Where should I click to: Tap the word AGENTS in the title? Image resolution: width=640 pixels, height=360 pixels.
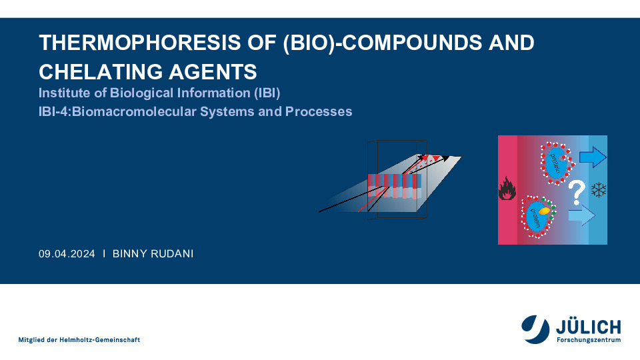[213, 72]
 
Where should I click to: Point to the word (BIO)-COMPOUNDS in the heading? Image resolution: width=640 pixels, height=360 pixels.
[383, 43]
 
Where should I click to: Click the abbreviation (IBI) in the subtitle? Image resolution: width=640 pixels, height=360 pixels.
[267, 93]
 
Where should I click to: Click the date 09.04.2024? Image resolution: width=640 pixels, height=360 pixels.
[67, 254]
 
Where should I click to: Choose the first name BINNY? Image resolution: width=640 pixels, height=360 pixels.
[130, 254]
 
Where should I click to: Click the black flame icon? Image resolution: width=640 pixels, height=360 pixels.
[507, 188]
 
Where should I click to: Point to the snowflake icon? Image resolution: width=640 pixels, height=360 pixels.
[599, 190]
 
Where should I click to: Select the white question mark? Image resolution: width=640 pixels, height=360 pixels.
[577, 192]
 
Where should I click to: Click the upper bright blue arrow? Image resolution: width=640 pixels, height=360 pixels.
[593, 157]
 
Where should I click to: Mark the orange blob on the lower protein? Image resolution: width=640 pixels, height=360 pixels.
[544, 211]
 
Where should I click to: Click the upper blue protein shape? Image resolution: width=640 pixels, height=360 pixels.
[555, 162]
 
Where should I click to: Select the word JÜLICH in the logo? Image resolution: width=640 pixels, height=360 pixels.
[588, 327]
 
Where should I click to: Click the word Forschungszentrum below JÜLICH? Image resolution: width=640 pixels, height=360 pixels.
[589, 339]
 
